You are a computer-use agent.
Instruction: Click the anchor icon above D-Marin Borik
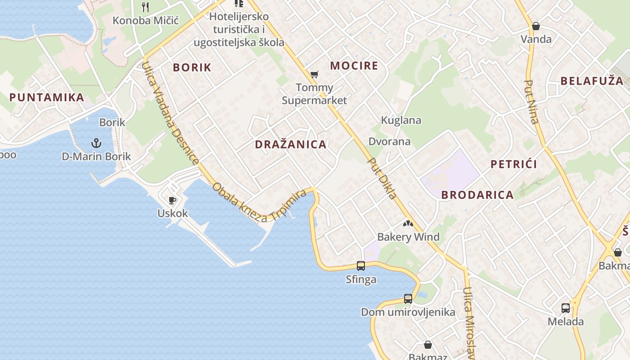[x=96, y=144]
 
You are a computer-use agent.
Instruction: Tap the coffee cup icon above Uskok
[x=172, y=200]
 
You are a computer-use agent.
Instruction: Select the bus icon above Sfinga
[x=361, y=266]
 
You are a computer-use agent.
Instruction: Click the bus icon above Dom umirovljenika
[x=408, y=298]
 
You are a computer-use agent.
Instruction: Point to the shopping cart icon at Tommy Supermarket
[x=314, y=74]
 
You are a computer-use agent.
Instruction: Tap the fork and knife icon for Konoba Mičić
[x=145, y=7]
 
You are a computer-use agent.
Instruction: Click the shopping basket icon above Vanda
[x=535, y=26]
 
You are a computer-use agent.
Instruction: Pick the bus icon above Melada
[x=566, y=308]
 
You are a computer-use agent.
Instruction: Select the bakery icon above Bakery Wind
[x=408, y=223]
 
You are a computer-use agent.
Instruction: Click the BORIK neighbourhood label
[x=192, y=67]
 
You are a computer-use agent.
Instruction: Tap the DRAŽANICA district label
[x=291, y=144]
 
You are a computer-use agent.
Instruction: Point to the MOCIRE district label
[x=354, y=66]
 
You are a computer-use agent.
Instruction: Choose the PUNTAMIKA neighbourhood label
[x=47, y=97]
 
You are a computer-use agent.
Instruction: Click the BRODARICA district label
[x=477, y=195]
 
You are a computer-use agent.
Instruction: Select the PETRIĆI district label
[x=513, y=164]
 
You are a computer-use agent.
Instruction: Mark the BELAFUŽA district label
[x=592, y=81]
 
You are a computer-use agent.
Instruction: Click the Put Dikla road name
[x=382, y=178]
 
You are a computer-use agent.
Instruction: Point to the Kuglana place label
[x=401, y=120]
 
